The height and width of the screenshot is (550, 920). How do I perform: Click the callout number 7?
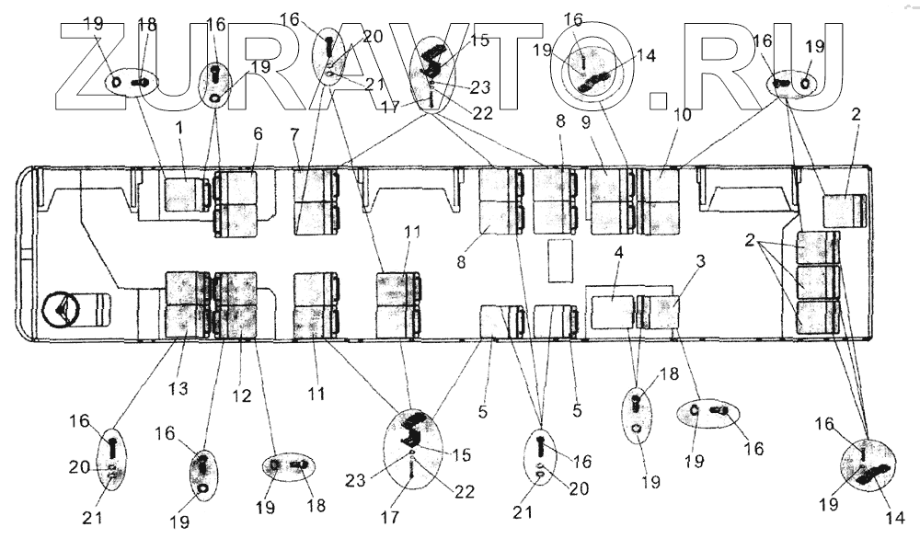click(x=294, y=135)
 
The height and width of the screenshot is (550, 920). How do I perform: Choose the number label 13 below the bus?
click(x=178, y=389)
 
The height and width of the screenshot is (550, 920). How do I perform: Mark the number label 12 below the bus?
click(x=241, y=395)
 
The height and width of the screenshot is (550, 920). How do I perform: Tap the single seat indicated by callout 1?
click(x=187, y=195)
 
